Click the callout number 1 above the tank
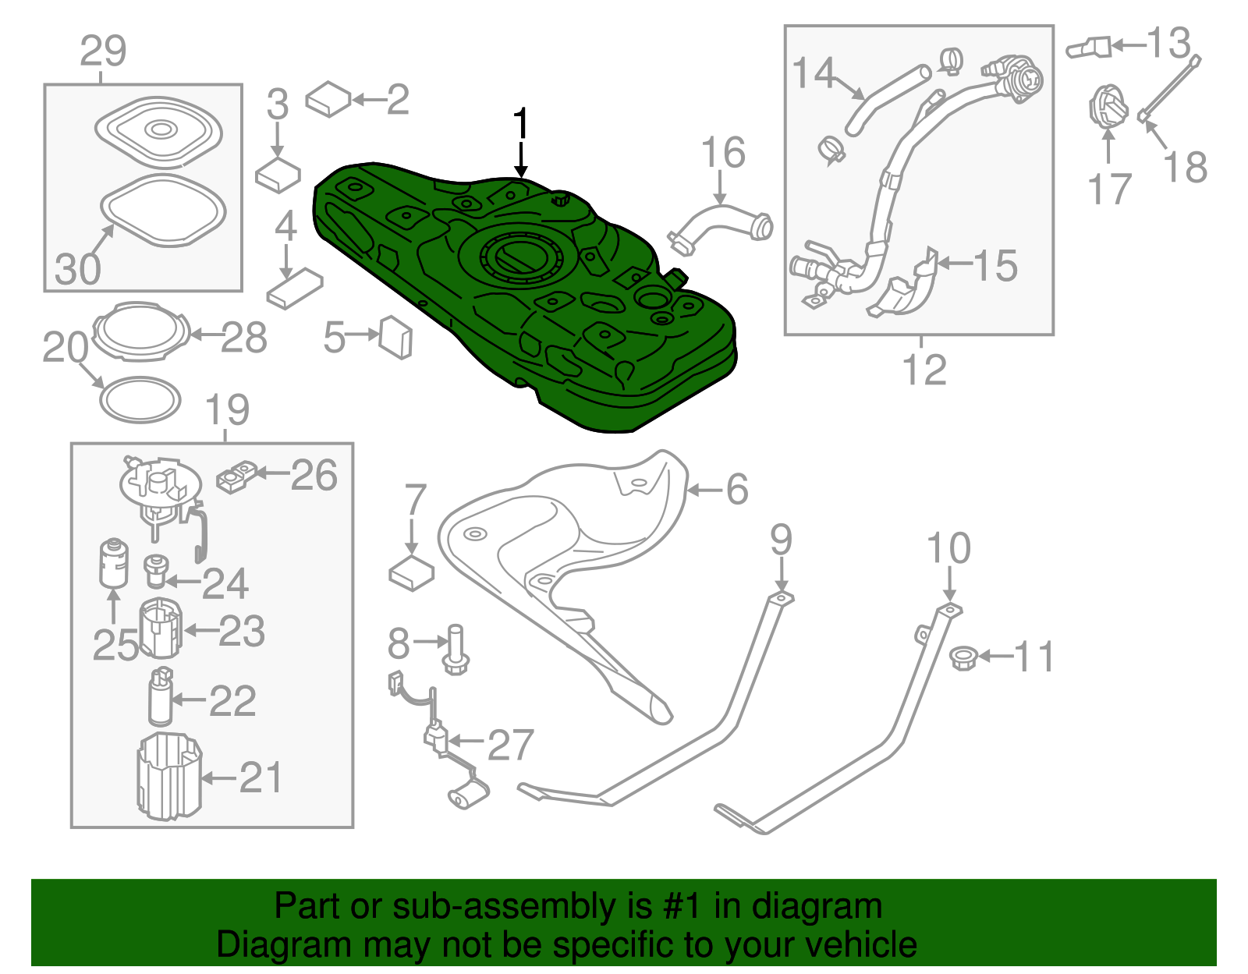521,125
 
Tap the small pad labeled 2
329,99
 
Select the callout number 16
723,153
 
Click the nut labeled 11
964,658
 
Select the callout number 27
511,745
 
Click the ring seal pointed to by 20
140,400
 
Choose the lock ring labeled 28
141,331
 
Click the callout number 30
78,268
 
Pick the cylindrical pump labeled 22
161,696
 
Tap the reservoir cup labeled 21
168,777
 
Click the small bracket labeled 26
237,477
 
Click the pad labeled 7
411,574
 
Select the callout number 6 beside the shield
737,490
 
